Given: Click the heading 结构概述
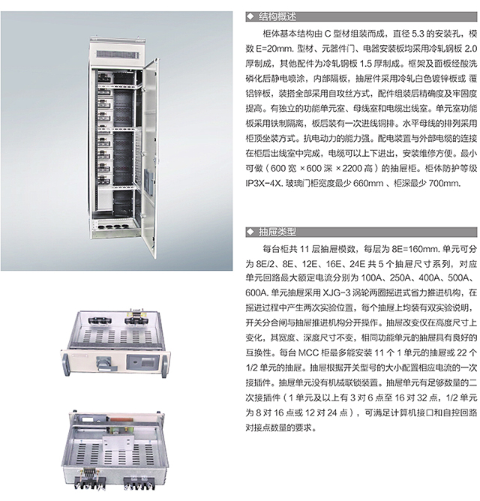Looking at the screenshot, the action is point(277,16).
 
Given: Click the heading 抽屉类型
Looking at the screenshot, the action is point(277,232).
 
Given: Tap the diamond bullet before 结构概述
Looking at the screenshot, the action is point(250,16).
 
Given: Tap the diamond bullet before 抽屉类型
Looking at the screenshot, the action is point(250,232).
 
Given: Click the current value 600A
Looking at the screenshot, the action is point(256,292).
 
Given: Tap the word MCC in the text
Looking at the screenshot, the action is point(308,352).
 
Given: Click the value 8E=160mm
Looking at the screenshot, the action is point(416,249).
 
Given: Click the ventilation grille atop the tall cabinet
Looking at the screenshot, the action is point(118,54).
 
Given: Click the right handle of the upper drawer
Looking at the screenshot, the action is point(165,363).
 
